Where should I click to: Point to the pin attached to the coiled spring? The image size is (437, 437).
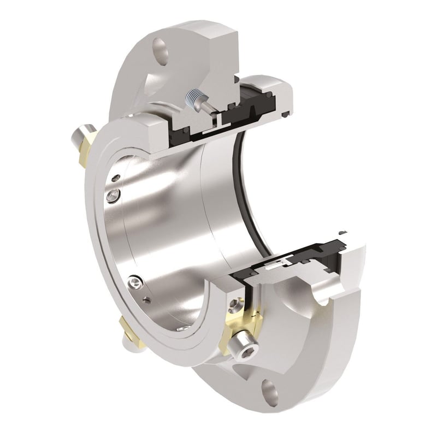204,103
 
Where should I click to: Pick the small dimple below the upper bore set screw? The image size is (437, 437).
115,178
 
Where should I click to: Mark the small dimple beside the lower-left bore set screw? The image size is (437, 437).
146,299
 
